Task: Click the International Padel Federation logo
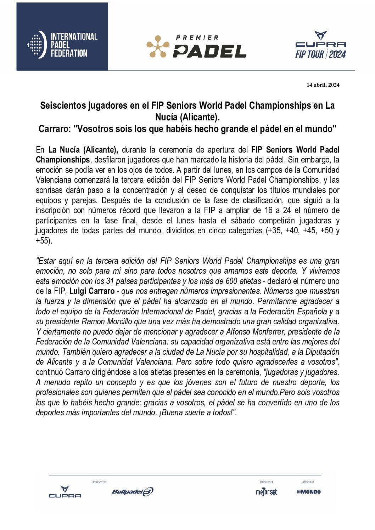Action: tap(62, 45)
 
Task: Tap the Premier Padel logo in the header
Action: tap(196, 46)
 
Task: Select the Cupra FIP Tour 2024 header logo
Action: tap(320, 45)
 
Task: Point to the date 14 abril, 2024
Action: tap(323, 85)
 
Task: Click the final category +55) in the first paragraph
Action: tap(44, 241)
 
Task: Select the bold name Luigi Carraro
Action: tap(92, 291)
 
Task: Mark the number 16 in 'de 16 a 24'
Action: tap(268, 210)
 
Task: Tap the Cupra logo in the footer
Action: tap(65, 492)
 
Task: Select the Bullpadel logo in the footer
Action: tap(133, 491)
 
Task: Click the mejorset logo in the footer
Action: tap(266, 492)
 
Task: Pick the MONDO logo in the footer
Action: tap(309, 492)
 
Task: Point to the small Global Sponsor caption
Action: tap(99, 482)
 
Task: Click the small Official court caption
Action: tap(266, 482)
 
